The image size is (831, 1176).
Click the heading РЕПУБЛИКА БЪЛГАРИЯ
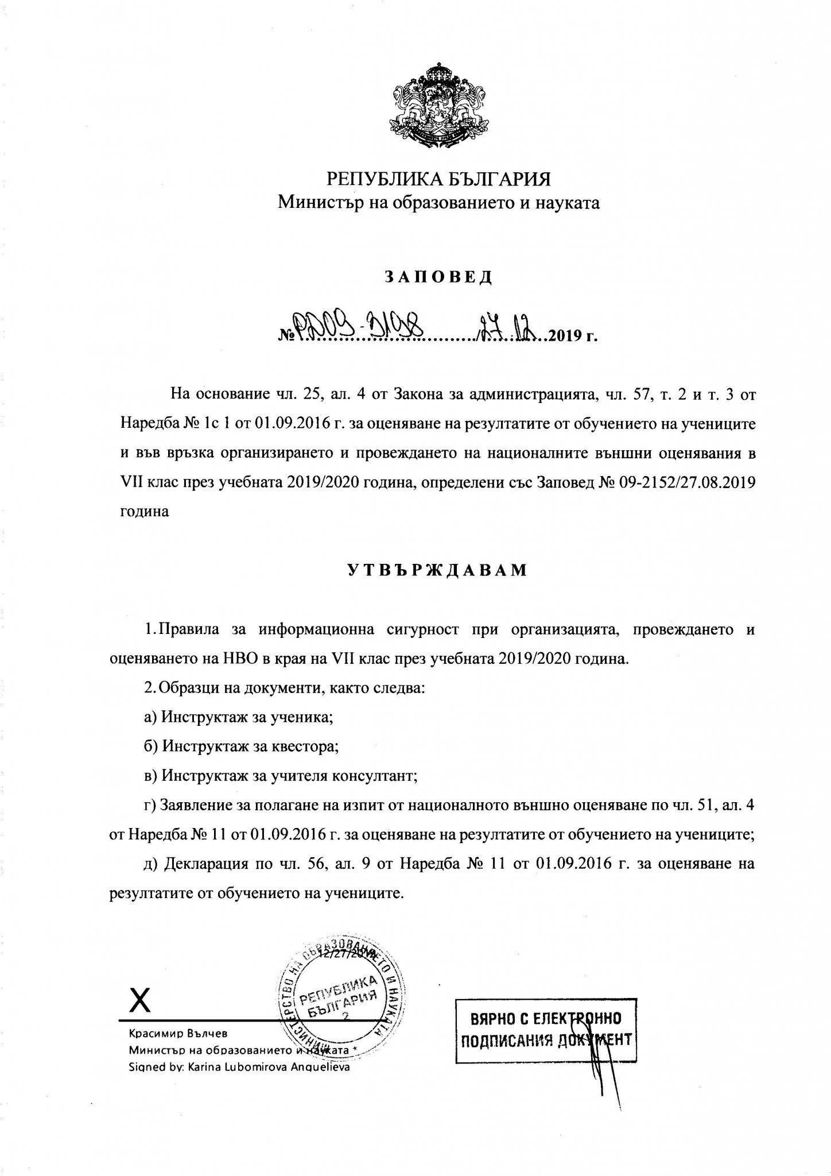[x=438, y=179]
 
